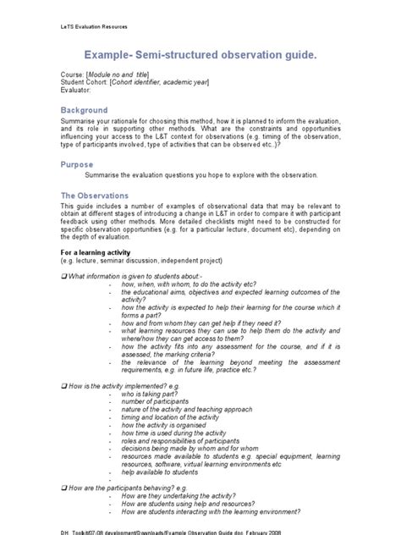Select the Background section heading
coord(84,110)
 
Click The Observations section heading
coord(94,195)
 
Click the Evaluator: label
coord(80,90)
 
